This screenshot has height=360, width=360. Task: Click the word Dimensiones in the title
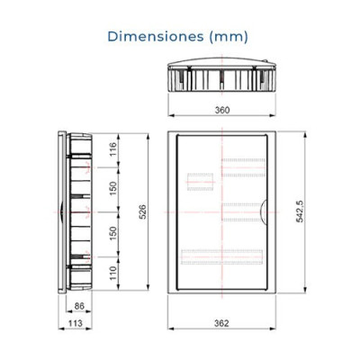[156, 36]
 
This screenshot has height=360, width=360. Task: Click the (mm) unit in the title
[229, 37]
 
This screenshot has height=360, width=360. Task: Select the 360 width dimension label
[222, 110]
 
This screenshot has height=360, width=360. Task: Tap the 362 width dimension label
[221, 323]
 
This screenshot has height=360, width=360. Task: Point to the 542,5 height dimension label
[300, 211]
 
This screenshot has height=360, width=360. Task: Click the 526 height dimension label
[143, 211]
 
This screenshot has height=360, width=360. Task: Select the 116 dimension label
[112, 149]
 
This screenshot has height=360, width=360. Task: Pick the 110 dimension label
[112, 273]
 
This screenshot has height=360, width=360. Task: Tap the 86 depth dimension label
[79, 306]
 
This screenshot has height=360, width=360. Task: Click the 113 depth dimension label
[75, 323]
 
